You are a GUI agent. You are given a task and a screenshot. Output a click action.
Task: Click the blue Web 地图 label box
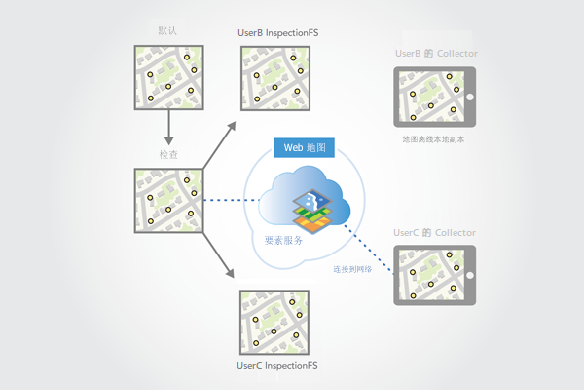306,148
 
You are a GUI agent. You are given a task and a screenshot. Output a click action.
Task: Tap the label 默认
167,30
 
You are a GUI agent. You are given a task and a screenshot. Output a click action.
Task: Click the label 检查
168,154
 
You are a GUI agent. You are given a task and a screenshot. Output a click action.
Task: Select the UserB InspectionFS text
278,32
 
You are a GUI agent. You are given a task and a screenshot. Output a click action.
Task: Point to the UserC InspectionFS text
277,366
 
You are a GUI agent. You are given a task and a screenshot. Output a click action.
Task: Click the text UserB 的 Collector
435,52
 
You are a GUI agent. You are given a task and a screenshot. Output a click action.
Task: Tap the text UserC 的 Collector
435,233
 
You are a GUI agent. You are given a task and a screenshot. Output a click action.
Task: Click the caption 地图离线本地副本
435,140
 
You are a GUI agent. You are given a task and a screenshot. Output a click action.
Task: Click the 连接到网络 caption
352,268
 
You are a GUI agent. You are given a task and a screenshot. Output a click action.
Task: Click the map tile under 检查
168,202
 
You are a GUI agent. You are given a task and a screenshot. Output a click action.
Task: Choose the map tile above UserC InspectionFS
276,323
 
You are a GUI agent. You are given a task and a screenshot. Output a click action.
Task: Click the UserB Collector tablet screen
432,96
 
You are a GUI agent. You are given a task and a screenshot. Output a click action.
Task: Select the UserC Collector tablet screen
433,276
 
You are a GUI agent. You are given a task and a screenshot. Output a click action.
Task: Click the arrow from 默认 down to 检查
168,126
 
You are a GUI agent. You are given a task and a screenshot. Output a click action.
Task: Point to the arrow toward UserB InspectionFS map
222,140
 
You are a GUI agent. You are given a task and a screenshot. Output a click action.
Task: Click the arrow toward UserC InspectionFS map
222,260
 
